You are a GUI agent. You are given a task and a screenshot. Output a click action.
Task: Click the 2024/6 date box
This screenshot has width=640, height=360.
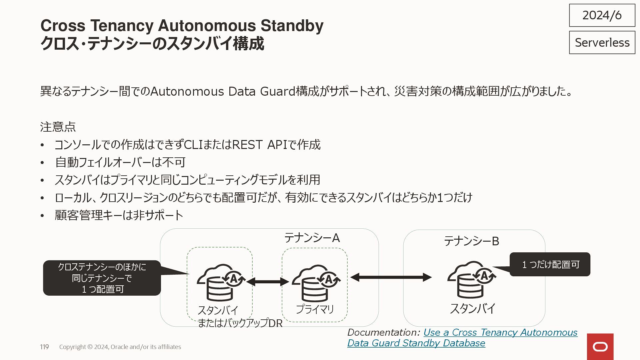tap(602, 15)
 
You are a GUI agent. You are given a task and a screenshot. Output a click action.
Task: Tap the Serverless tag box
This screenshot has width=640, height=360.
tap(602, 42)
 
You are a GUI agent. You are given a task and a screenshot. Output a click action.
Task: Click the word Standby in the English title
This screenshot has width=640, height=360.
tap(292, 26)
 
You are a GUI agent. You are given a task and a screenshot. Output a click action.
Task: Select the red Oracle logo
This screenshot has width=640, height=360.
tap(600, 347)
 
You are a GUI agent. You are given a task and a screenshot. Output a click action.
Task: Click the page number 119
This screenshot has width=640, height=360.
tap(44, 347)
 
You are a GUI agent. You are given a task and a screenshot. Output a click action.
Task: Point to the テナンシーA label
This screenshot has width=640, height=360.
tap(312, 238)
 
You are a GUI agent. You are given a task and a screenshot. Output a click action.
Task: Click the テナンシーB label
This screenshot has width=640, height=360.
tap(471, 241)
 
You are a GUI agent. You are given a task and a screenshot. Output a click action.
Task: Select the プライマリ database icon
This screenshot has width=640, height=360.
tap(315, 283)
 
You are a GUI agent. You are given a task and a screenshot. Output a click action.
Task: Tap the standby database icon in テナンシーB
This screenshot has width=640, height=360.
tap(471, 279)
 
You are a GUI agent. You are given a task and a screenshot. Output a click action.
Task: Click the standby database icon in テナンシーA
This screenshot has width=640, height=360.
tap(221, 283)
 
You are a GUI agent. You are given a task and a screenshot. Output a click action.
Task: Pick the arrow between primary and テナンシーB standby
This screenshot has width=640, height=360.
tap(391, 277)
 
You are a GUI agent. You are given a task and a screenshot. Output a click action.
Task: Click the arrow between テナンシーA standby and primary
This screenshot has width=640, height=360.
tap(267, 282)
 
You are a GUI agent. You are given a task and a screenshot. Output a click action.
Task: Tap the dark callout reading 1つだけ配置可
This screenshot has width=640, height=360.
tap(550, 264)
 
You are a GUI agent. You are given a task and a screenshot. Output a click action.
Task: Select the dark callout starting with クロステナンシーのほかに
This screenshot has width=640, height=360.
tap(102, 278)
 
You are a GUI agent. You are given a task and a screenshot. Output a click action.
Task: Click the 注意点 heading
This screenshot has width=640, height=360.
tap(58, 127)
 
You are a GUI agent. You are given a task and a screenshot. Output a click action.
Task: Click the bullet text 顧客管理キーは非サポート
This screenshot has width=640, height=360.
tap(119, 215)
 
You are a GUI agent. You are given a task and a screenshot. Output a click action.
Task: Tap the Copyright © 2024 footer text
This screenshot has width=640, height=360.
tap(120, 347)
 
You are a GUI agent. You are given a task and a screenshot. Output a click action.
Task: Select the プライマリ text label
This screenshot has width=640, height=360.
tap(315, 309)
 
